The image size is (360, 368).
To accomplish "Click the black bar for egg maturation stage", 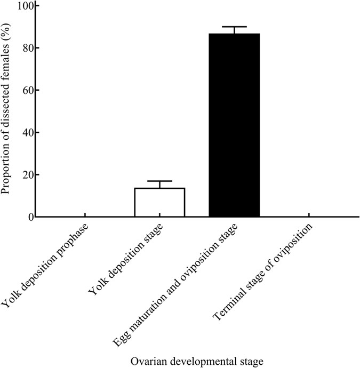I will coord(234,125).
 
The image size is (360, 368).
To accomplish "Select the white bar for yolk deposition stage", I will coord(159,203).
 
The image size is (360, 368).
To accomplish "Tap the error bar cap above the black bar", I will coord(234,27).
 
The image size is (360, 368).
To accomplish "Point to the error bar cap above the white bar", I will coord(159,181).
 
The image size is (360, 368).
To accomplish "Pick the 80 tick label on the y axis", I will coord(26,48).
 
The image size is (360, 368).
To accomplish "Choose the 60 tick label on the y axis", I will coord(26,90).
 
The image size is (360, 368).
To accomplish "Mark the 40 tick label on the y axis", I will coord(26,132).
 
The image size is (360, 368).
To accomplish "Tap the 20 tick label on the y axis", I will coord(26,175).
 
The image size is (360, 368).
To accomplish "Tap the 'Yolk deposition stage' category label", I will coord(128,261).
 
